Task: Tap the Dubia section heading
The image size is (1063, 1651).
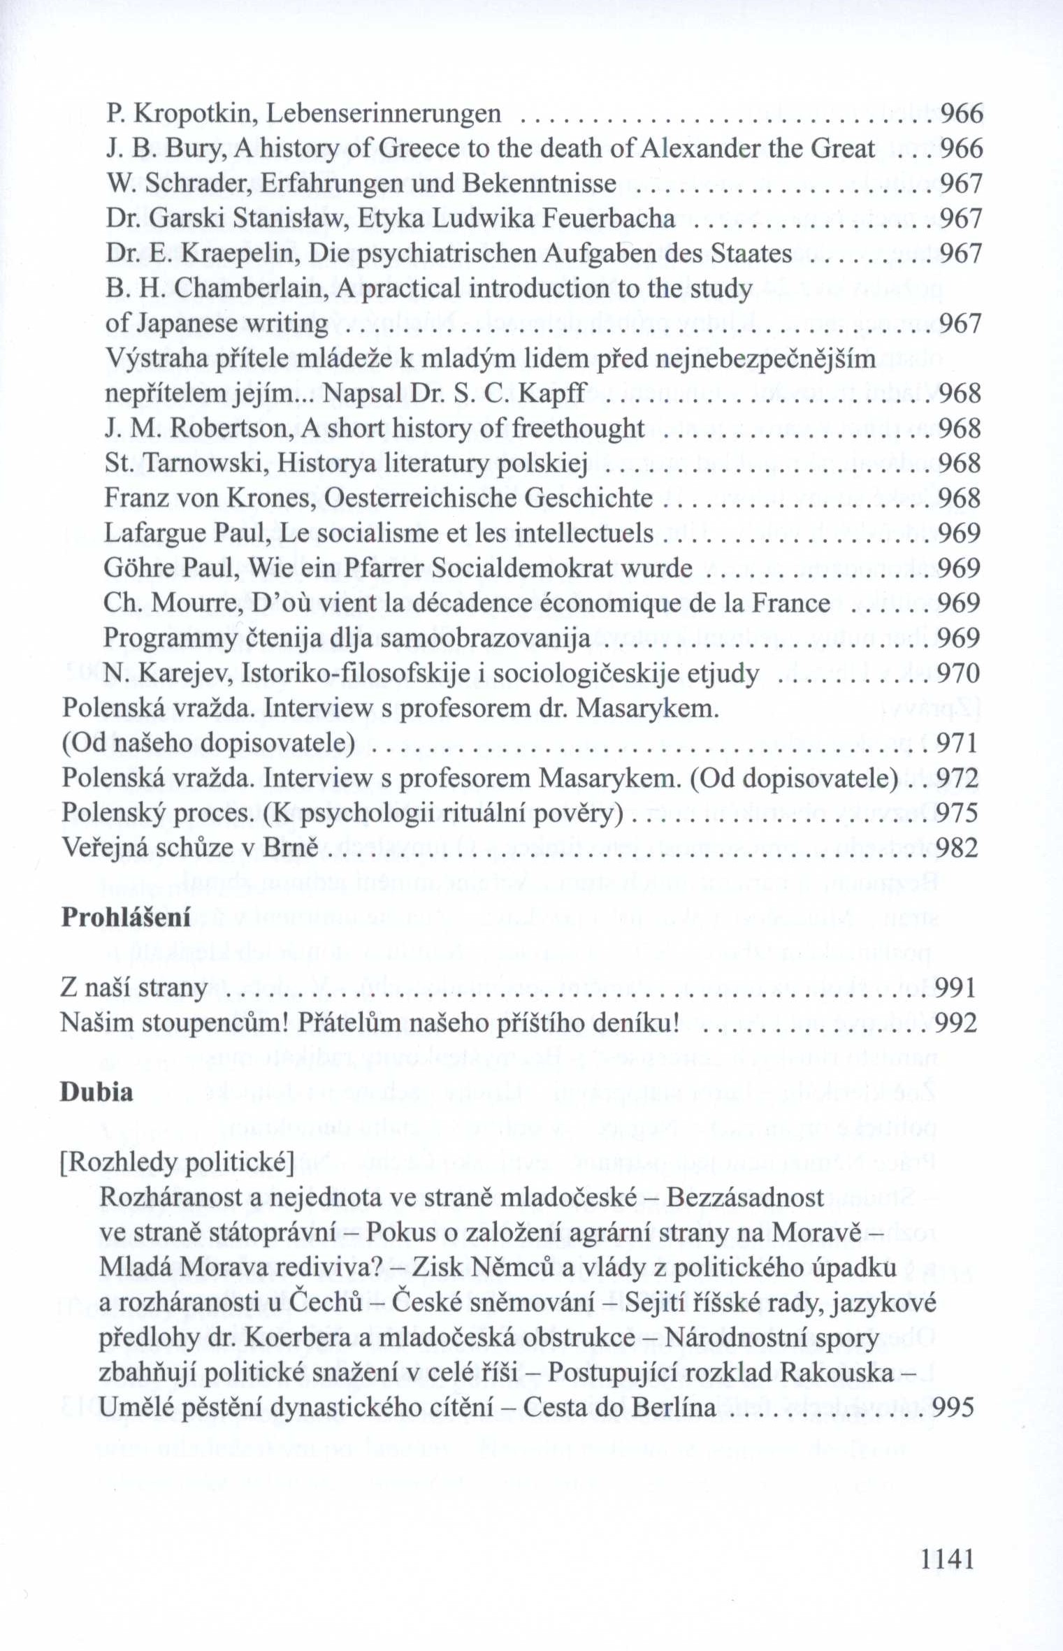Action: coord(96,1092)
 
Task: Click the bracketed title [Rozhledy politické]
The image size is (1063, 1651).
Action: coord(178,1162)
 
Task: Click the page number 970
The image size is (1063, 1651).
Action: coord(958,674)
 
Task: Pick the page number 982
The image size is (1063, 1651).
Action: coord(956,848)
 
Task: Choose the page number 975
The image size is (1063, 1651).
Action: coord(957,813)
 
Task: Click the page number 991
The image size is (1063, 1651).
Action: coord(955,988)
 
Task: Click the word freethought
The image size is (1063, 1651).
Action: coord(579,428)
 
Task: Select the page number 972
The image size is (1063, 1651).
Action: coord(957,778)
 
